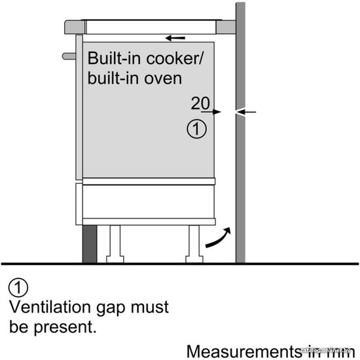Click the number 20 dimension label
click(x=200, y=103)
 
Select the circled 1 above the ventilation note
click(x=18, y=287)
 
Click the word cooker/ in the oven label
click(x=175, y=58)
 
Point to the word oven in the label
click(x=163, y=79)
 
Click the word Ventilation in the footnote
click(x=50, y=307)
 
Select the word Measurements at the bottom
click(x=244, y=351)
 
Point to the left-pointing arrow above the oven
click(x=175, y=38)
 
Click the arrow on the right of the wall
click(x=246, y=112)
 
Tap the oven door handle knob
click(x=69, y=56)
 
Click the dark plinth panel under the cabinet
click(x=90, y=244)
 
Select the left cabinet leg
click(x=115, y=244)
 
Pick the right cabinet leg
click(x=194, y=244)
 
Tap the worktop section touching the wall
click(x=226, y=27)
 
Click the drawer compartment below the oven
click(x=149, y=202)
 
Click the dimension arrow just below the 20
click(x=211, y=112)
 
